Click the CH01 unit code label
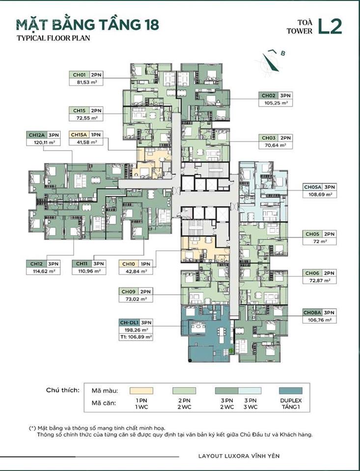(79, 75)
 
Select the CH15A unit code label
(79, 134)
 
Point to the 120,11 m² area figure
(43, 142)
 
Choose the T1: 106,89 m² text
(136, 337)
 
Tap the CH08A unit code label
(312, 312)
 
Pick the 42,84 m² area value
(136, 271)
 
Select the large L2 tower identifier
(330, 26)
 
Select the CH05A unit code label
(312, 187)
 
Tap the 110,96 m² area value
(88, 271)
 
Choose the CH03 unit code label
(268, 138)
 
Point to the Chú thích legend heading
(63, 390)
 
